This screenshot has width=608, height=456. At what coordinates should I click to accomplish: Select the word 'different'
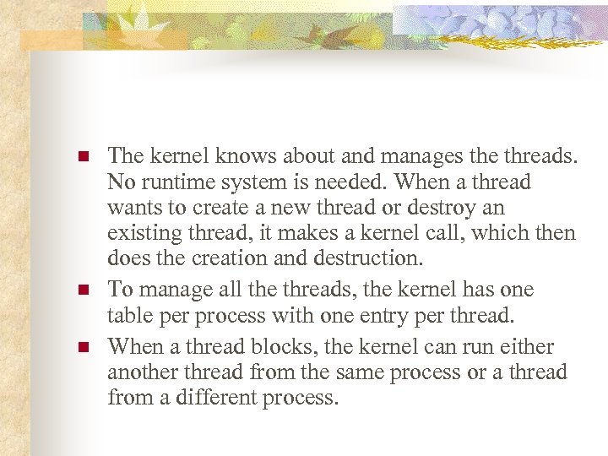point(215,398)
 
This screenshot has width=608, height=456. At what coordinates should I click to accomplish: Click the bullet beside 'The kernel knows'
point(83,157)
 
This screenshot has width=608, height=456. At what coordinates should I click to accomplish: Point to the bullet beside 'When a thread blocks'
point(83,348)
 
